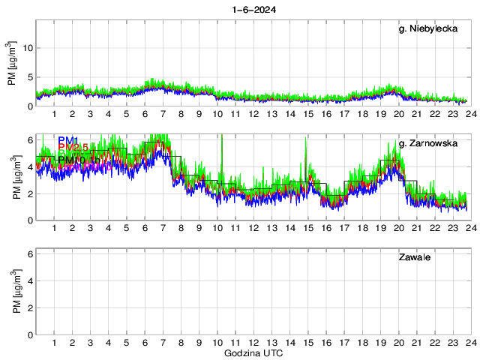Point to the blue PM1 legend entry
tap(68, 140)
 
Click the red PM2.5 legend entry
tap(73, 148)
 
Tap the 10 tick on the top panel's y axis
tap(27, 48)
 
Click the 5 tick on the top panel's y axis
tap(29, 76)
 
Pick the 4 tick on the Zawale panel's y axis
tap(29, 281)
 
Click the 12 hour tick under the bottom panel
tap(254, 343)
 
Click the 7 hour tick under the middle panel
tap(163, 228)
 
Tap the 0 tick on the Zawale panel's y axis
tap(29, 334)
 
